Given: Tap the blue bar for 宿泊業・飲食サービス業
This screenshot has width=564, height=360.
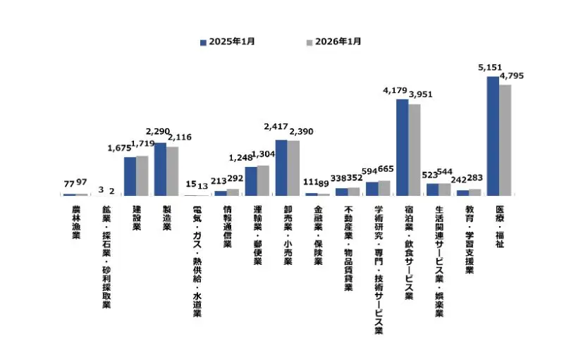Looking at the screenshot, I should pos(402,147).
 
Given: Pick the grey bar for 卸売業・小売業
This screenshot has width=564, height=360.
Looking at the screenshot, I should pos(293,168).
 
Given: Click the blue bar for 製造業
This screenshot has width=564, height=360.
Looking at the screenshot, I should pos(160,168).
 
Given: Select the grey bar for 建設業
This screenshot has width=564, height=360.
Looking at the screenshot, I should pos(142,175).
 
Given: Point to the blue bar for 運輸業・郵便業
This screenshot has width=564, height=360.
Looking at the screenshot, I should pos(251,180).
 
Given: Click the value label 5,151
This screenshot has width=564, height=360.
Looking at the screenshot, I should pos(491,68).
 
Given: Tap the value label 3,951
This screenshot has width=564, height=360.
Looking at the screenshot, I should pos(420,94).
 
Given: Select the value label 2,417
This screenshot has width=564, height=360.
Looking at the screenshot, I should pos(276,127).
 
